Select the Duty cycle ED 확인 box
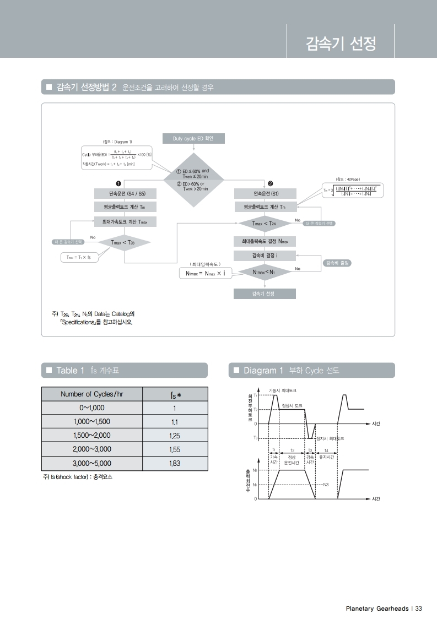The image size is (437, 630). (193, 139)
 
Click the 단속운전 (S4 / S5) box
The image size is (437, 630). (125, 194)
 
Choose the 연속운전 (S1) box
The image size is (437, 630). (266, 194)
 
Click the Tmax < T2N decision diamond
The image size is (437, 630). (265, 223)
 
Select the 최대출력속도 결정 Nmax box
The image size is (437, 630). (265, 241)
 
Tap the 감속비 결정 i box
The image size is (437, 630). (265, 256)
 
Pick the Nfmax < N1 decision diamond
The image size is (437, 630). (265, 272)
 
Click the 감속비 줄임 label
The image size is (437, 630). (337, 263)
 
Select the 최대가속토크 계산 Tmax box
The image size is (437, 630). (125, 221)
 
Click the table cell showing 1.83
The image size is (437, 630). (175, 463)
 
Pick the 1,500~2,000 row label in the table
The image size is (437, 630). (92, 436)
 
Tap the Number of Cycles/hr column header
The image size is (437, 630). (92, 394)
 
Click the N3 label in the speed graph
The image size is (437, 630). (326, 484)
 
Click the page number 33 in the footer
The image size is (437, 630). (419, 609)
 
